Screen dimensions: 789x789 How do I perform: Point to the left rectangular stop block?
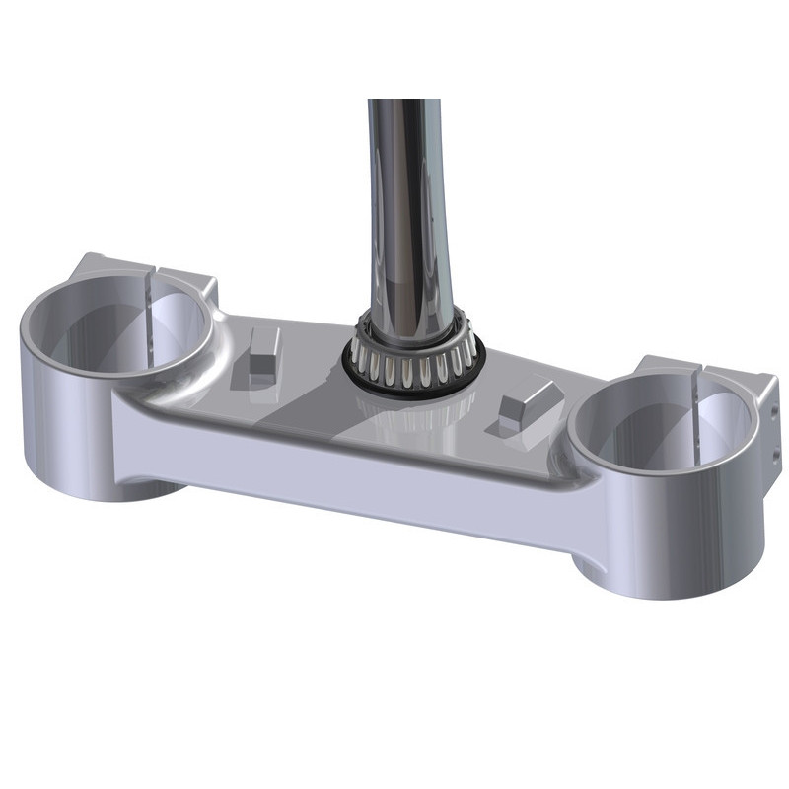262,355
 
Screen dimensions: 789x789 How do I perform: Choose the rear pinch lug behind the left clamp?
187,281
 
